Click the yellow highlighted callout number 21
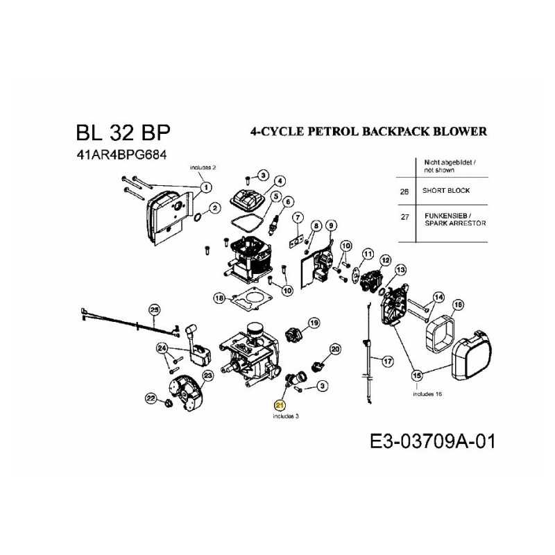280,404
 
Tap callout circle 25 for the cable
155,309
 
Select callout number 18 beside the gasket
220,298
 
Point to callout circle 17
387,361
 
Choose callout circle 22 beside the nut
150,398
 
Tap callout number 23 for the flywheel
206,375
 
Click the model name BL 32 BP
122,133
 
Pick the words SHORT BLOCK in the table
446,191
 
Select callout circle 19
314,323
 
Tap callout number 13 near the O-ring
400,269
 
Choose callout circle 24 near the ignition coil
162,348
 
